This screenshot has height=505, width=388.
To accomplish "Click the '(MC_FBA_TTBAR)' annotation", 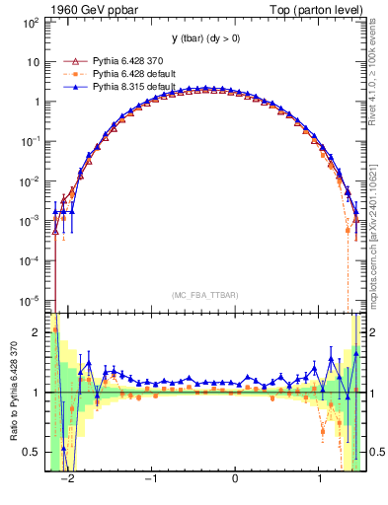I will point(203,295).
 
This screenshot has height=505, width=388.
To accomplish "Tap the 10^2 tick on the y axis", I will point(30,21).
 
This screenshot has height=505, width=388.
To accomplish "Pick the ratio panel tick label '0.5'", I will point(32,452).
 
